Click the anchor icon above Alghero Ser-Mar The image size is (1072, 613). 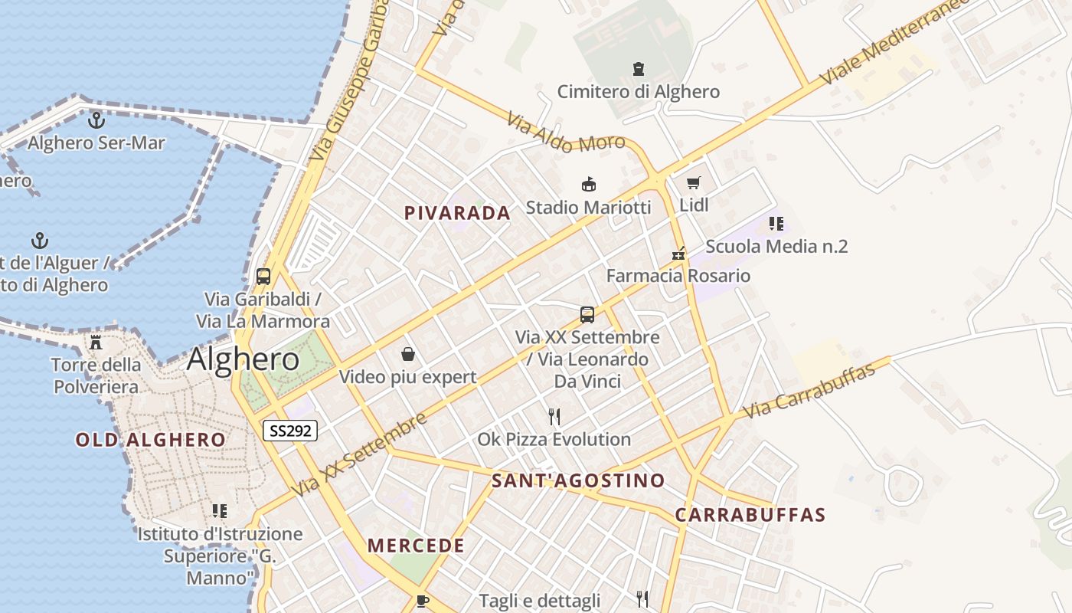point(96,120)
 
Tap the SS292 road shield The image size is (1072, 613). point(290,431)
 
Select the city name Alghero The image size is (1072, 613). point(243,359)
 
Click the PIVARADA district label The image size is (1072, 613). point(457,213)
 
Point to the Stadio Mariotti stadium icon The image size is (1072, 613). point(589,185)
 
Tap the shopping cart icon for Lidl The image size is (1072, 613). point(694,182)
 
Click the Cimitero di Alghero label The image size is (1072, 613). point(639,92)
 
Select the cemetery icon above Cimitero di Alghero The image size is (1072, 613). point(639,70)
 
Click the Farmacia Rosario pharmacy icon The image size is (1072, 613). point(678,254)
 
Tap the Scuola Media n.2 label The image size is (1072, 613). point(776,247)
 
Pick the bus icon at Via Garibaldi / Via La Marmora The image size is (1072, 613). point(263,277)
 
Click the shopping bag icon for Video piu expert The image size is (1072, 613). point(408,354)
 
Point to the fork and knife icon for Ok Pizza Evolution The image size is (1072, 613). point(554,417)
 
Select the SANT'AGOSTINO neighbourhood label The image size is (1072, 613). point(578,480)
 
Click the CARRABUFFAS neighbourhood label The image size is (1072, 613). point(750,514)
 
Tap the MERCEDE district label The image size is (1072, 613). point(416,546)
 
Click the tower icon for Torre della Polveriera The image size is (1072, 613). point(96,342)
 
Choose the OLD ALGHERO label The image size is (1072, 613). point(151,440)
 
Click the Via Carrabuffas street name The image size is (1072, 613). point(809,392)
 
